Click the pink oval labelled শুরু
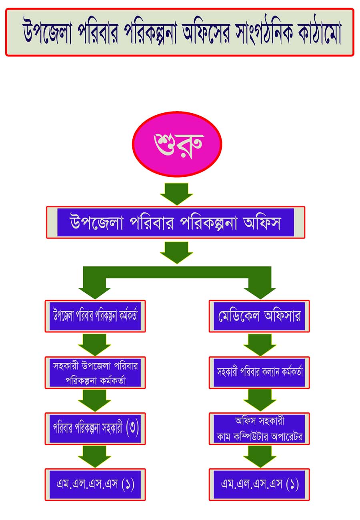click(177, 144)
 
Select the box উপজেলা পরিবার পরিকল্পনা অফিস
click(176, 222)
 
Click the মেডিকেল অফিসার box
click(259, 316)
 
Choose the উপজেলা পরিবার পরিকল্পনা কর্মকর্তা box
click(95, 316)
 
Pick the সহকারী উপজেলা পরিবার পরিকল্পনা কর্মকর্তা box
click(95, 372)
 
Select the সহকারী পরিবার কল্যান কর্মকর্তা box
click(259, 372)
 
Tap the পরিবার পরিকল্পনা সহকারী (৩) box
click(95, 428)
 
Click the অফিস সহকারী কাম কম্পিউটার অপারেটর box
click(259, 428)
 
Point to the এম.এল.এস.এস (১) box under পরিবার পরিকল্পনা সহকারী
click(95, 484)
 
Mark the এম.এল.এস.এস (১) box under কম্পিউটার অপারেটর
click(259, 484)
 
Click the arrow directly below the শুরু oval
click(176, 194)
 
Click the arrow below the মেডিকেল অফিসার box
click(260, 344)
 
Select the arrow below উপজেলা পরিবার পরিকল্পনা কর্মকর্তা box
click(95, 344)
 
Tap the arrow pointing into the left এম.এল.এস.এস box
click(95, 456)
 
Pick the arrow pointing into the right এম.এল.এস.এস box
click(260, 456)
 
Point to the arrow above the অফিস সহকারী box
click(260, 400)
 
